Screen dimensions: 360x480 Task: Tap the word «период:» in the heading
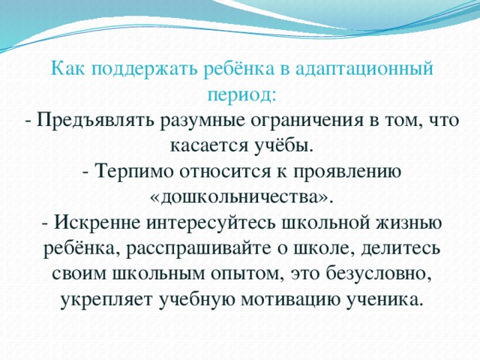[x=240, y=95]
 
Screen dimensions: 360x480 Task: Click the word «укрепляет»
[x=105, y=299]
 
